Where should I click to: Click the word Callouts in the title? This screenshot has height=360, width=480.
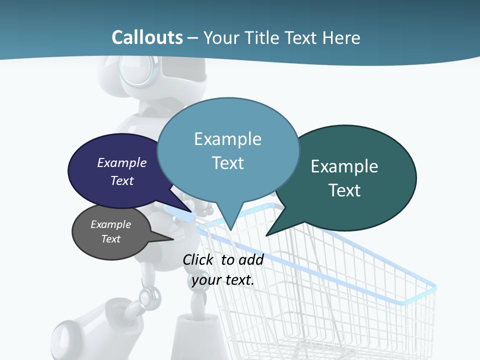click(x=147, y=37)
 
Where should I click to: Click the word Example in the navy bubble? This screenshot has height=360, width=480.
click(x=122, y=162)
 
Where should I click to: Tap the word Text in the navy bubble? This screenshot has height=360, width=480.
click(x=122, y=180)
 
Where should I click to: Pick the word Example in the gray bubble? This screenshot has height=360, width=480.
click(x=111, y=224)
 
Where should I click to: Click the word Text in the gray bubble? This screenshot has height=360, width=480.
click(x=111, y=239)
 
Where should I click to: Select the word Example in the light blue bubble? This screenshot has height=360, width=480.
click(x=227, y=139)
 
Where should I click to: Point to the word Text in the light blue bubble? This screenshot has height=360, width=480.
click(x=227, y=163)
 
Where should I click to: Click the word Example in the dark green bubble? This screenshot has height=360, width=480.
click(x=344, y=166)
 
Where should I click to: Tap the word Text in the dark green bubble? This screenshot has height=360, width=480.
click(x=344, y=190)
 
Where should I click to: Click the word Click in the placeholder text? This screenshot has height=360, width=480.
click(x=199, y=259)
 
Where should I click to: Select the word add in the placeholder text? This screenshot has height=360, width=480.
click(x=251, y=259)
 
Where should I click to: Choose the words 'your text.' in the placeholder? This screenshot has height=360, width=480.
click(x=223, y=280)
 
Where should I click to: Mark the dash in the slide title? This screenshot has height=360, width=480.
click(x=193, y=38)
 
